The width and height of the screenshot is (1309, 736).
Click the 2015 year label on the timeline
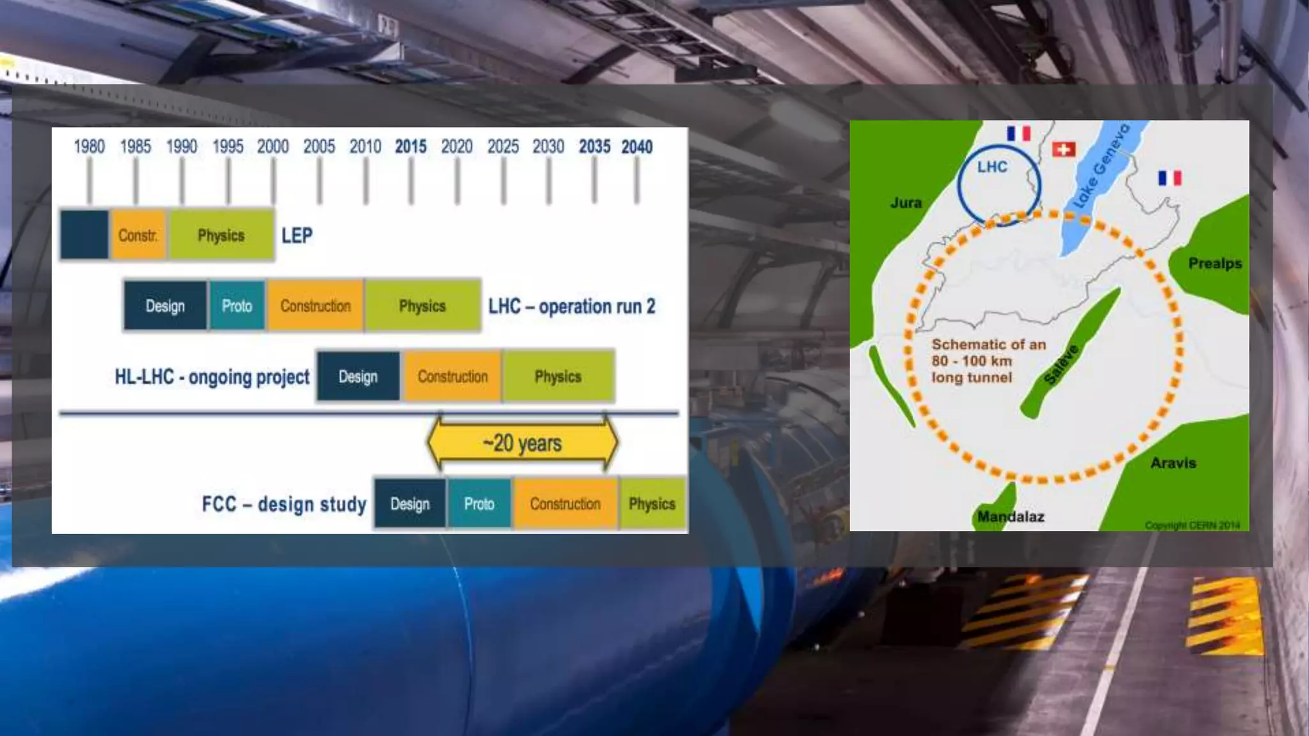click(x=410, y=147)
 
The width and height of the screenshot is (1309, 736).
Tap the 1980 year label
click(x=89, y=147)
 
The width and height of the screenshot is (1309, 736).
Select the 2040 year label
click(x=637, y=147)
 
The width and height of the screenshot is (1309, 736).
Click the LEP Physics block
click(x=221, y=235)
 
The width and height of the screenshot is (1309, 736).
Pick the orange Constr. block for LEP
click(x=138, y=235)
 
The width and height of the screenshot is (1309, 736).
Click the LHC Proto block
click(x=236, y=306)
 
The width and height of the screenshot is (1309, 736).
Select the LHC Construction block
click(x=316, y=306)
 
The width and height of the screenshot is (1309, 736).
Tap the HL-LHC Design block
click(x=358, y=376)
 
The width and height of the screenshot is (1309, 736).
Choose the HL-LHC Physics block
click(x=558, y=376)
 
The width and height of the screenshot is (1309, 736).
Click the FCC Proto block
click(x=479, y=504)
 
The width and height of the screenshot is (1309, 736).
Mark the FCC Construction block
click(x=565, y=504)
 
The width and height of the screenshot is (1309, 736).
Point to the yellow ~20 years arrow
click(x=522, y=443)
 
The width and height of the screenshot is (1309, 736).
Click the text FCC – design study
click(x=284, y=504)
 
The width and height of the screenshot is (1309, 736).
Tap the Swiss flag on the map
click(x=1064, y=149)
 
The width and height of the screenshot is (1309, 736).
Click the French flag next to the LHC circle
click(x=1018, y=134)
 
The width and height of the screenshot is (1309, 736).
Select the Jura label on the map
click(x=906, y=203)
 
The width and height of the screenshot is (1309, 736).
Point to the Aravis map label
click(x=1173, y=463)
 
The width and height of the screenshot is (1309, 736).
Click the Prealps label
click(x=1214, y=263)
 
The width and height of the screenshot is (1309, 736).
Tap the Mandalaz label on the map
click(x=1011, y=516)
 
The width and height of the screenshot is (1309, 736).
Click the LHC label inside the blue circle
click(x=992, y=167)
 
